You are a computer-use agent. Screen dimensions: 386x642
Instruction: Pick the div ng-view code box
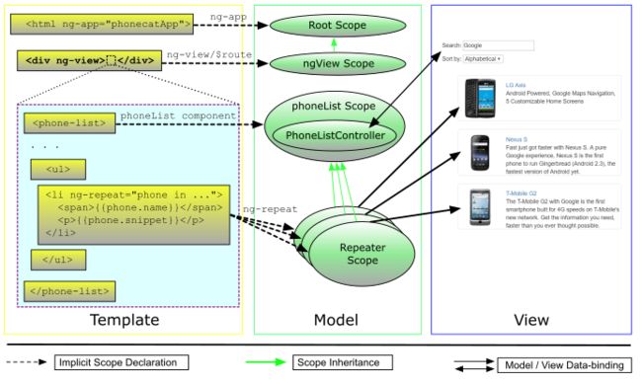click(87, 61)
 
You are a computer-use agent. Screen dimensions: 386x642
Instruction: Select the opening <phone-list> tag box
click(65, 124)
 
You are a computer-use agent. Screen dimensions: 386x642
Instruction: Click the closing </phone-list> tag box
click(67, 291)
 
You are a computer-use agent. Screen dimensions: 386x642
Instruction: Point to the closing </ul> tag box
click(57, 261)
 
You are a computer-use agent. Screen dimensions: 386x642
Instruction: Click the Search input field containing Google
click(498, 45)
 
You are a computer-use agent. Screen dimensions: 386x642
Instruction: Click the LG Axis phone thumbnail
click(479, 99)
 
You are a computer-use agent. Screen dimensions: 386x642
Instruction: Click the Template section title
click(124, 320)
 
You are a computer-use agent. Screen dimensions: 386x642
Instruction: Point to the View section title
click(530, 320)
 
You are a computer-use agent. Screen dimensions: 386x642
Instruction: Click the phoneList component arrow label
click(178, 116)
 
